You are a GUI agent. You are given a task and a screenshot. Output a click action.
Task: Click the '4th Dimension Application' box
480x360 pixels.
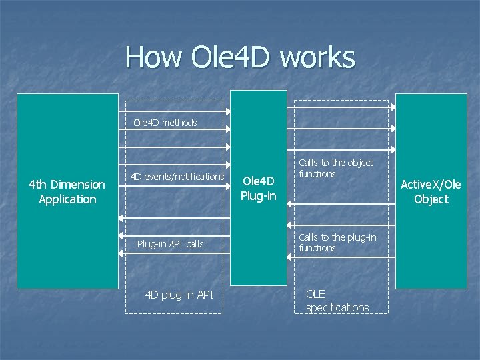tap(67, 191)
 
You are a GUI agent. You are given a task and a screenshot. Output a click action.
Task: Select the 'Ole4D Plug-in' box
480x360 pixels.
tap(258, 188)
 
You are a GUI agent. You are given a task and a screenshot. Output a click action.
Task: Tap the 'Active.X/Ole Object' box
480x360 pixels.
tap(431, 191)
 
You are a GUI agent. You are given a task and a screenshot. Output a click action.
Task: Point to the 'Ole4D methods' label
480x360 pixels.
tap(165, 123)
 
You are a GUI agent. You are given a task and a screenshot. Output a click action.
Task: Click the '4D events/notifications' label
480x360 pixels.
tap(177, 177)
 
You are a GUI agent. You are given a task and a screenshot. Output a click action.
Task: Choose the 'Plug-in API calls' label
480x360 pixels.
tap(170, 244)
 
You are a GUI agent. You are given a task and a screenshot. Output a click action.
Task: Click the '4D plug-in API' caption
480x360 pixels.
tap(179, 294)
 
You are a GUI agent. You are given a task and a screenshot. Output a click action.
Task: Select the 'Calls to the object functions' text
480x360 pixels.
tap(336, 168)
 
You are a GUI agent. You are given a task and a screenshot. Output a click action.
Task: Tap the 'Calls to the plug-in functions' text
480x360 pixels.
tap(337, 243)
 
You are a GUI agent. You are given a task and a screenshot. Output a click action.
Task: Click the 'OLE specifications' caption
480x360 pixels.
tap(337, 301)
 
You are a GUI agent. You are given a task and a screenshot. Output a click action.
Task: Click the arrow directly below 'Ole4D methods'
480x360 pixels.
tap(175, 131)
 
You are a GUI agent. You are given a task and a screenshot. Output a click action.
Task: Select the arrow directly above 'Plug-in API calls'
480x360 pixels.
tap(175, 235)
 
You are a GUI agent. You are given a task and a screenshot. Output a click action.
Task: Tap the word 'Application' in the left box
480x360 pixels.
tap(67, 199)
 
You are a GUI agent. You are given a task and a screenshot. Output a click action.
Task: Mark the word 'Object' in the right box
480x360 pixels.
tap(431, 199)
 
